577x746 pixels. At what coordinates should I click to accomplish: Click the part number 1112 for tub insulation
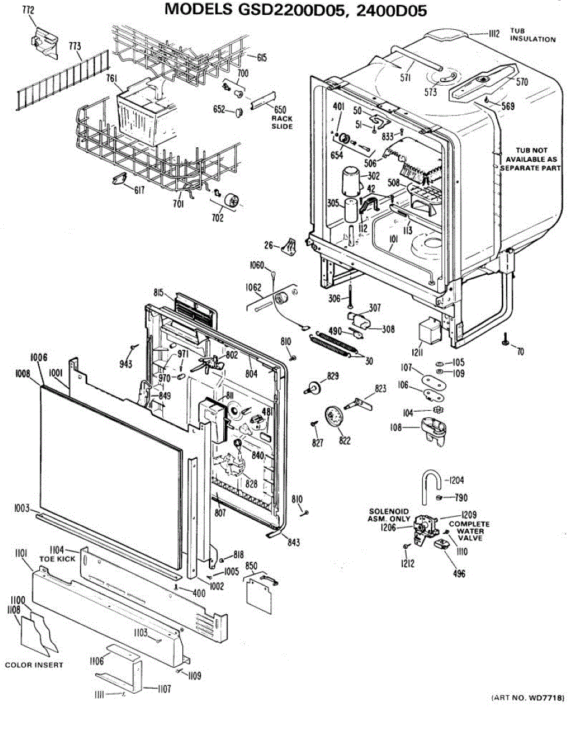tap(494, 34)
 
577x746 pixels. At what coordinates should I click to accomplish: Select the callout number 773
tap(75, 46)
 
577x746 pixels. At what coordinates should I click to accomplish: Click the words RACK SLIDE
tap(282, 122)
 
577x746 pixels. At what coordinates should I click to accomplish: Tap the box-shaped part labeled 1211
tap(427, 334)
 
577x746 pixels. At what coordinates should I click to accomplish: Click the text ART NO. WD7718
tap(528, 699)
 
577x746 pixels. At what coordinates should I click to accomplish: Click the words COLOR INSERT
tap(34, 665)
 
